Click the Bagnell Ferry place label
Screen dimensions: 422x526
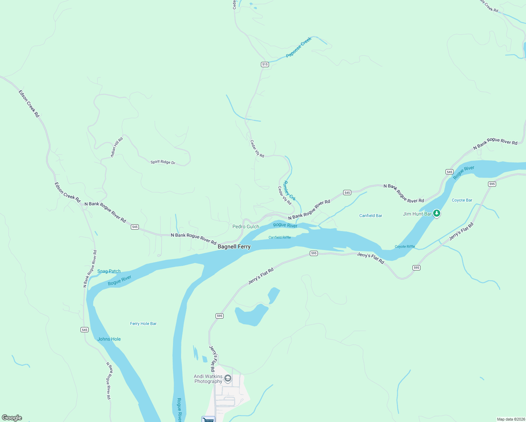coord(234,247)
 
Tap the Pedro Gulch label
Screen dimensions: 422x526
coord(245,226)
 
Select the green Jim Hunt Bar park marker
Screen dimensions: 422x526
coord(437,213)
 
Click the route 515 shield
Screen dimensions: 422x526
coord(265,64)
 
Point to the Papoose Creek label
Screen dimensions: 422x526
coord(299,47)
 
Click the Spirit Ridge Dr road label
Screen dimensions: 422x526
coord(163,162)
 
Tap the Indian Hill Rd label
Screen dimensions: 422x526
coord(117,147)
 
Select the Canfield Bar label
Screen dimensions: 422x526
coord(371,216)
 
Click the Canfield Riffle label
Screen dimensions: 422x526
coord(280,237)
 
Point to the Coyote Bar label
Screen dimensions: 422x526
coord(462,200)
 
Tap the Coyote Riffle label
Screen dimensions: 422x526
coord(405,247)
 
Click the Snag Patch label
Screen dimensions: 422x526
coord(109,271)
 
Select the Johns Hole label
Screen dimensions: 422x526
coord(109,339)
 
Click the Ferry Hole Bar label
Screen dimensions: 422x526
coord(143,324)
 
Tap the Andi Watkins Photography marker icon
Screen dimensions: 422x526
coord(228,378)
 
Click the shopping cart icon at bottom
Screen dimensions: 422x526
coord(208,419)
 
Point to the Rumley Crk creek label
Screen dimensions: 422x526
coord(289,191)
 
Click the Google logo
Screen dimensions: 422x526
coord(12,418)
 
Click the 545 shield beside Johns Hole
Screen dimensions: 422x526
coord(84,330)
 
